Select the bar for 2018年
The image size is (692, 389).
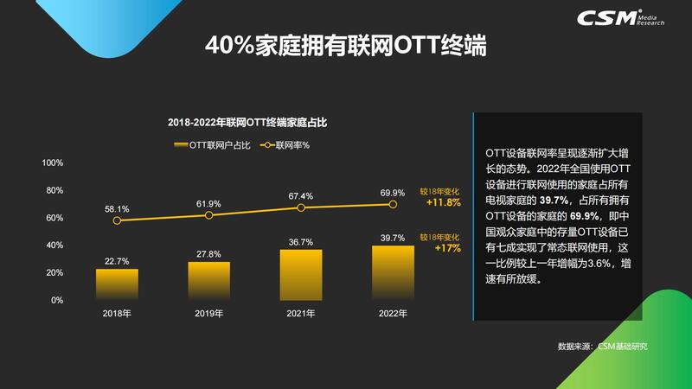coord(117,284)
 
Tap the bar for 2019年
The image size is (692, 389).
coord(208,281)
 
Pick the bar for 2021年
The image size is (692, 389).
coord(300,275)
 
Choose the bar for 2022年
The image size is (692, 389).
coord(393,273)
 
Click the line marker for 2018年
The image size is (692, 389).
coord(117,220)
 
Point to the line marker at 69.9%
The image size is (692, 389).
coord(393,204)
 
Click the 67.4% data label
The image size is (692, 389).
coord(300,196)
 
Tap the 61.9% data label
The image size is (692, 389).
coord(208,203)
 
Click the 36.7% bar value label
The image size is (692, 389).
coord(300,242)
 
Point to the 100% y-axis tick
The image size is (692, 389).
coord(53,163)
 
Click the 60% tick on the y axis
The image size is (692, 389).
coord(54,218)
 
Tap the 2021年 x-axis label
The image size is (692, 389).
coord(300,313)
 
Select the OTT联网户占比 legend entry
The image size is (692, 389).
coord(212,145)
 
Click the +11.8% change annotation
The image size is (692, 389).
coord(442,204)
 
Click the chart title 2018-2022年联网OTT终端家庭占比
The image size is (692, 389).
coord(247,122)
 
